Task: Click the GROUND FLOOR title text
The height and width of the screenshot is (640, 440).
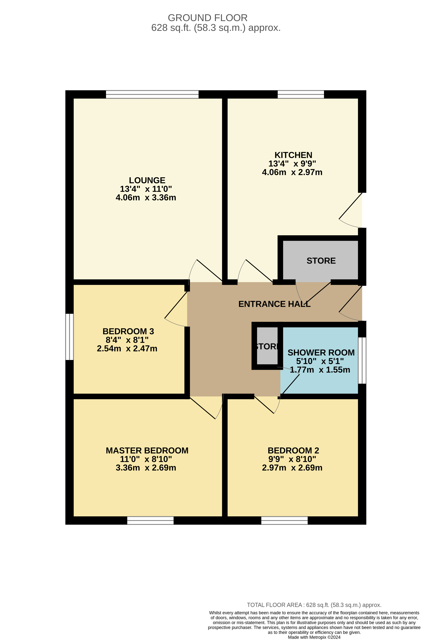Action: [x=207, y=18]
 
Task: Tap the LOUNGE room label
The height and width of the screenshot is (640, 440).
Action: [x=147, y=180]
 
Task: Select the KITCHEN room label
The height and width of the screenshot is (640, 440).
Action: [x=293, y=155]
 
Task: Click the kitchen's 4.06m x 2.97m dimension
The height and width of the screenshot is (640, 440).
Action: [x=292, y=172]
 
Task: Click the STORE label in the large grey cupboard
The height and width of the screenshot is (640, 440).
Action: [x=321, y=261]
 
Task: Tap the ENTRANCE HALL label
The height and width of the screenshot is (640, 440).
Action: [x=274, y=304]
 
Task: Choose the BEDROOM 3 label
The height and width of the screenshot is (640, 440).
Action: [x=128, y=331]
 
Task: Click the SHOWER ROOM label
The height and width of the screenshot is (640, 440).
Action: [x=321, y=353]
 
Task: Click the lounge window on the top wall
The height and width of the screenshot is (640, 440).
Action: [x=152, y=94]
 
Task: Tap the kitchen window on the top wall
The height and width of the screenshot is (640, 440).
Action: [x=301, y=94]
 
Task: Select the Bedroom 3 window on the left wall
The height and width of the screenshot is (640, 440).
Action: [x=70, y=337]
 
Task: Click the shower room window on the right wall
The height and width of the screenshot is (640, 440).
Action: [x=362, y=360]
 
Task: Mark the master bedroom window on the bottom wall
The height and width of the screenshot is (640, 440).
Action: [x=150, y=520]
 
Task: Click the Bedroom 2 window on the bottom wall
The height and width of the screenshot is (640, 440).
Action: [x=284, y=520]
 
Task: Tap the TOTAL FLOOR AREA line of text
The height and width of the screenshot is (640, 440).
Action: [x=314, y=605]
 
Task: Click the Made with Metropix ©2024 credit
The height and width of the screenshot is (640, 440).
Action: [x=314, y=637]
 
